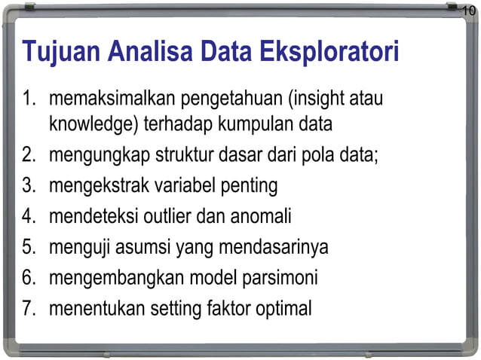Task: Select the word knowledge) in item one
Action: click(x=90, y=123)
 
